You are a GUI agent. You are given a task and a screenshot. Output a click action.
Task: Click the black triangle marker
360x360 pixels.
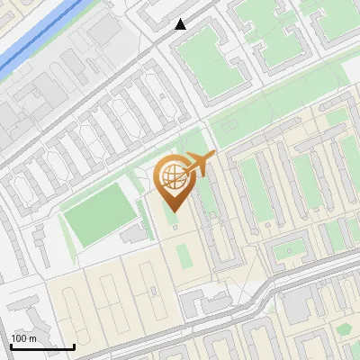(x=181, y=24)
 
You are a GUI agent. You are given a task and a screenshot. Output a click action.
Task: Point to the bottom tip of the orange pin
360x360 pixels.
(x=172, y=211)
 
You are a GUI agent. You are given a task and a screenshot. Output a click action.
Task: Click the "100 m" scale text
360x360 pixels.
(x=23, y=338)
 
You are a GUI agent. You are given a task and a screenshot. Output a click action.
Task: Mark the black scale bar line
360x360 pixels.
(x=42, y=346)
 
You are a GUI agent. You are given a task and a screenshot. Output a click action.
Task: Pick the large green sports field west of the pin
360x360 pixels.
(x=96, y=215)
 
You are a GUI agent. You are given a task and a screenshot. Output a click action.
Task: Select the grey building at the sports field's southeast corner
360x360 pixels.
(x=133, y=234)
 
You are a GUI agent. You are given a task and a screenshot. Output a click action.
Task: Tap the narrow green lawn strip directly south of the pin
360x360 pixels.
(x=184, y=255)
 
